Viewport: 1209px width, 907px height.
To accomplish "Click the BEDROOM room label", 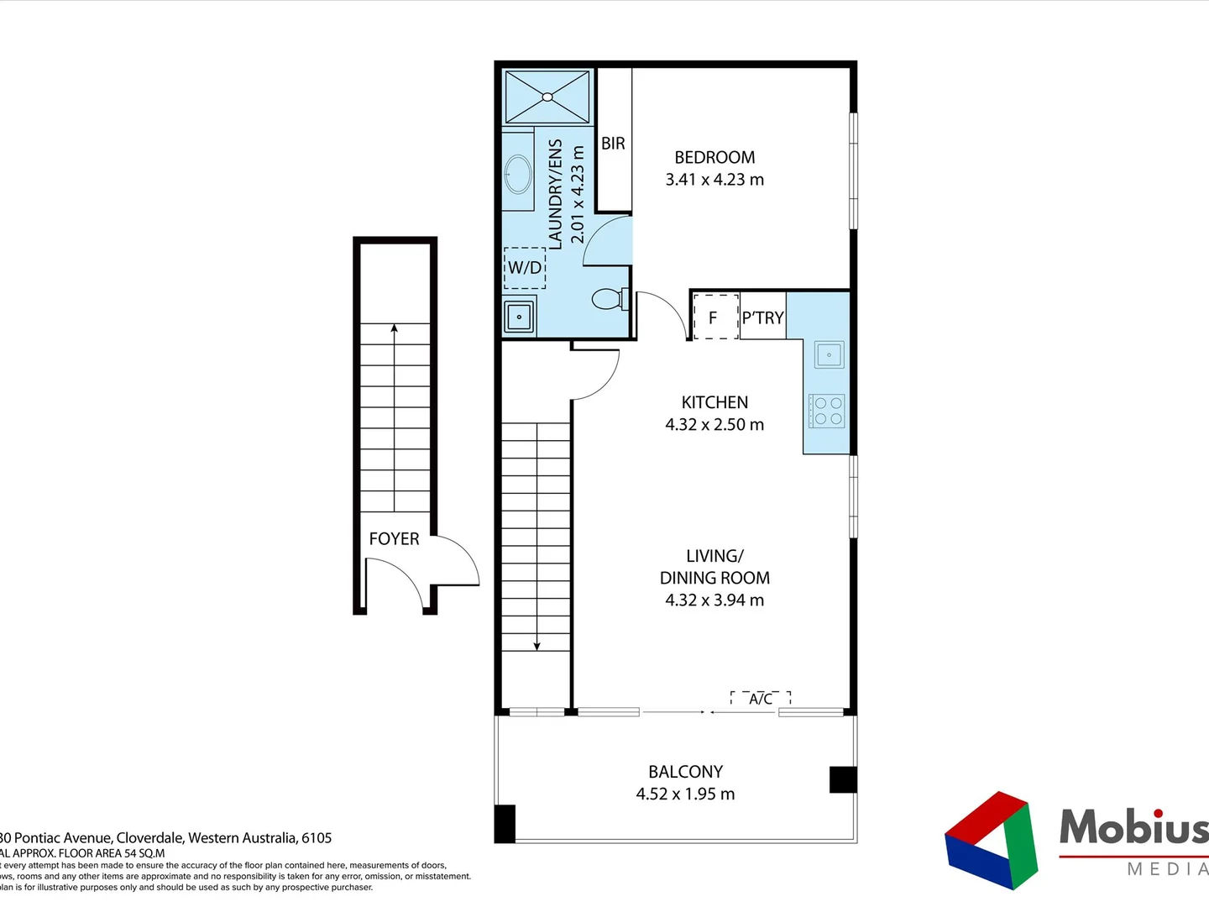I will tap(714, 157).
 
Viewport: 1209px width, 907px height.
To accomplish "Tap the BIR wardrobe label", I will tap(613, 144).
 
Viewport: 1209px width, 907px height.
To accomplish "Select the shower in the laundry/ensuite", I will tap(547, 97).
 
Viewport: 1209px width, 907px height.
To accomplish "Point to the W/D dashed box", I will tap(525, 268).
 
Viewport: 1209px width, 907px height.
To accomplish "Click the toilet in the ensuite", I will tap(609, 299).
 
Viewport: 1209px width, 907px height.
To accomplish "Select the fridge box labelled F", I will tap(714, 317).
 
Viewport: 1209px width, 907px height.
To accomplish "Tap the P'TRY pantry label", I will tap(762, 317).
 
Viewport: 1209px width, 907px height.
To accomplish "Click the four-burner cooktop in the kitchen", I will tap(827, 412).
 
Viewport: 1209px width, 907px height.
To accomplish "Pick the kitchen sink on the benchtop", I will tap(829, 354).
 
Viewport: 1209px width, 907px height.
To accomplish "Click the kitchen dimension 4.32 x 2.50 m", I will tap(714, 425).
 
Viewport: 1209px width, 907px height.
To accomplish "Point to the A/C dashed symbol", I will tap(761, 699).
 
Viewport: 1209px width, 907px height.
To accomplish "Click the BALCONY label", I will tap(685, 772).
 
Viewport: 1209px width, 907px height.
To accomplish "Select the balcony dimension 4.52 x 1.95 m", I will tap(685, 794).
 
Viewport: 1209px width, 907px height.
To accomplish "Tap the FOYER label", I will tap(394, 539).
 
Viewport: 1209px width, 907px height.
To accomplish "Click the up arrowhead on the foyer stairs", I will tap(395, 328).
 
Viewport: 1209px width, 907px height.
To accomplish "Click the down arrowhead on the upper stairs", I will tap(537, 646).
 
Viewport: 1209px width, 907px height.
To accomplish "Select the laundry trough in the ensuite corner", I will tap(520, 317).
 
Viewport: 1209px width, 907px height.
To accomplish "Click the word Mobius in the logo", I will tap(1133, 827).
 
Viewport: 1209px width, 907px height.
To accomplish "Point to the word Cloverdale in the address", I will tap(150, 837).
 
